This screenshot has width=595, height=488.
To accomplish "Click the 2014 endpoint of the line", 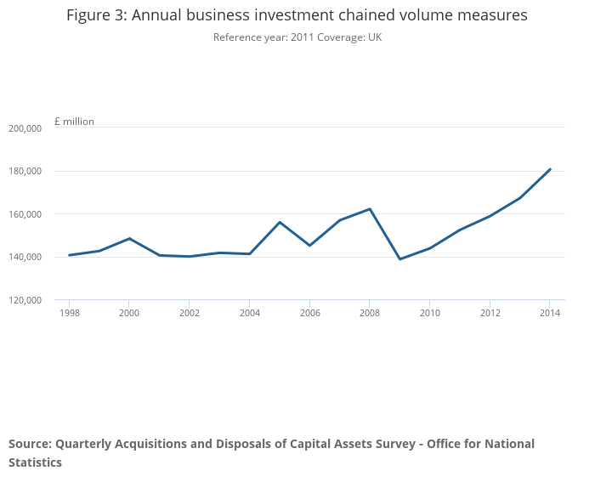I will (550, 169).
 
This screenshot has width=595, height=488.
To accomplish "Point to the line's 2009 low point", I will (399, 259).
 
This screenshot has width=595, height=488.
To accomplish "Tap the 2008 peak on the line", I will (370, 209).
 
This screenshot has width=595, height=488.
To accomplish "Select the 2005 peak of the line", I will (280, 222).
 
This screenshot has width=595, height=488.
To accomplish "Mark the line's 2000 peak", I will (129, 238).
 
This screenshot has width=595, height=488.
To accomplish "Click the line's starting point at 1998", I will (69, 255).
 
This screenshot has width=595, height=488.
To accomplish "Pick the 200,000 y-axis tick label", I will (25, 128).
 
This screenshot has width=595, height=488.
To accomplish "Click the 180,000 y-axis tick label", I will (25, 172).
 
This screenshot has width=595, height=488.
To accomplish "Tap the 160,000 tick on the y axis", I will (25, 214).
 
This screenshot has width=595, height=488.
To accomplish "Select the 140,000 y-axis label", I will (25, 258).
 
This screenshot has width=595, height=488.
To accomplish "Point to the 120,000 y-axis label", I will (25, 300).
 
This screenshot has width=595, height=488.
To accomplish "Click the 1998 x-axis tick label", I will (69, 313).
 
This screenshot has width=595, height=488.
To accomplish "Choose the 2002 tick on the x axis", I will (190, 313).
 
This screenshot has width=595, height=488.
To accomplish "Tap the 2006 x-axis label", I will (309, 313).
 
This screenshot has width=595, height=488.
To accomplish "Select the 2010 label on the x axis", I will (430, 313).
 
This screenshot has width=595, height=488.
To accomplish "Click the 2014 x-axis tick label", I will (550, 313).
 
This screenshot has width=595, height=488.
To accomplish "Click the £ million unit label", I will (74, 122).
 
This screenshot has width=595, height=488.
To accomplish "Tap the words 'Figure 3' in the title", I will (97, 15).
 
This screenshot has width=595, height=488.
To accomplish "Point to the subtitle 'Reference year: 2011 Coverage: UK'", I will (297, 37).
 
